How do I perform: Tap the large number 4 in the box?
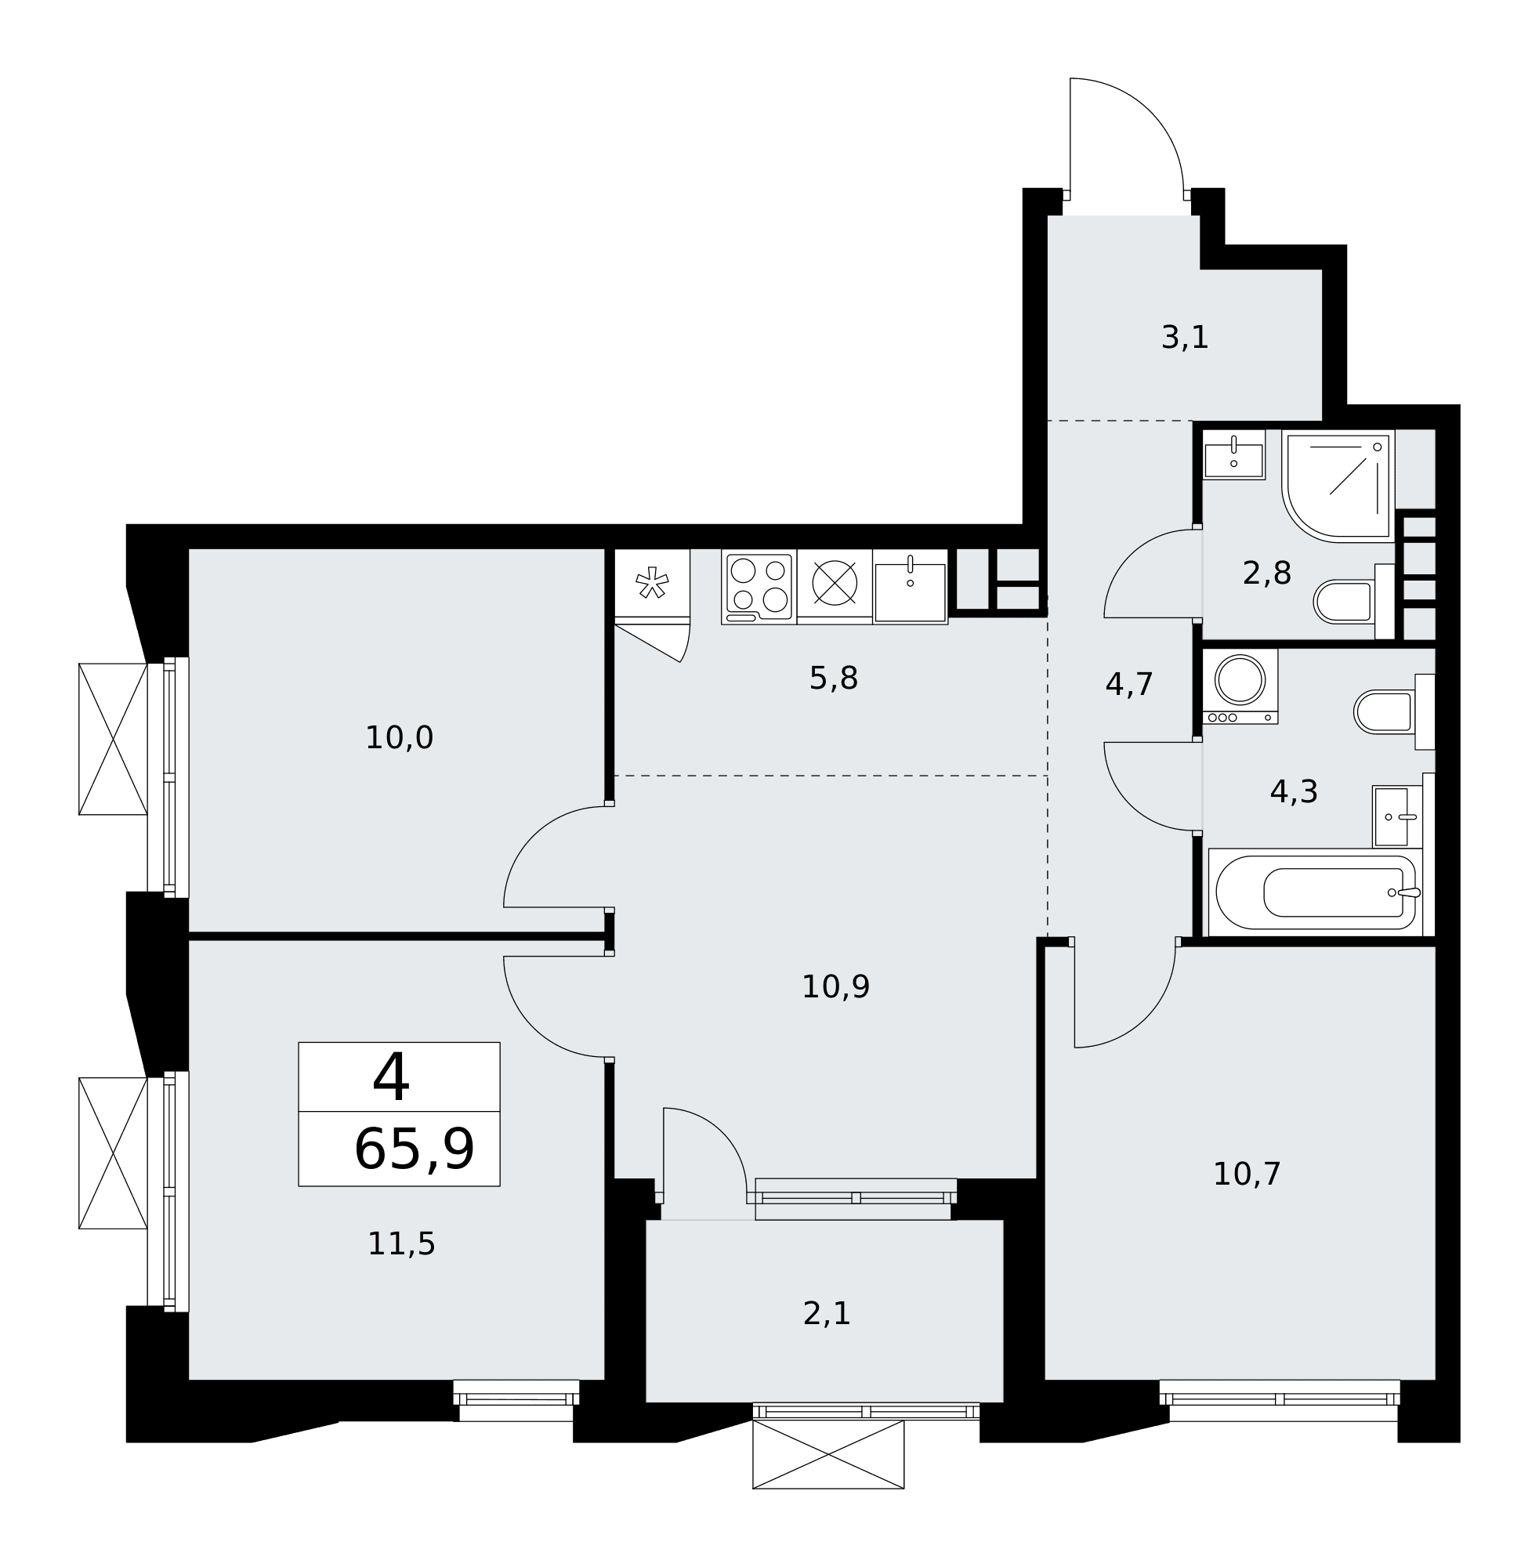[x=390, y=1077]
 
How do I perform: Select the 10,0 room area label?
[x=400, y=738]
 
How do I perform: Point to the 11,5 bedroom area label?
[x=401, y=1243]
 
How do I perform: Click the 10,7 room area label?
[x=1247, y=1174]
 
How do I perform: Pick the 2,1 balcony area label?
[x=826, y=1313]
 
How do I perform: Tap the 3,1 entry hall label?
[x=1184, y=337]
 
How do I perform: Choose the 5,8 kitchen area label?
[x=833, y=678]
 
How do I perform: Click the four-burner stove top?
[x=759, y=587]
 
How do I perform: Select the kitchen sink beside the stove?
[x=910, y=588]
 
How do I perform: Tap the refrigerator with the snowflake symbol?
[x=652, y=586]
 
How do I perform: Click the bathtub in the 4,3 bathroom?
[x=1315, y=893]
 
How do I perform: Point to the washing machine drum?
[x=1240, y=679]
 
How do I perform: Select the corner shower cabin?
[x=1338, y=486]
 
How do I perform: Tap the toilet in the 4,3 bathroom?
[x=1393, y=712]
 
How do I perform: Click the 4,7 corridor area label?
[x=1128, y=685]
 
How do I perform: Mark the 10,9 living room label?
[x=835, y=986]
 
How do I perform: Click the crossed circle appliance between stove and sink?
[x=835, y=583]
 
